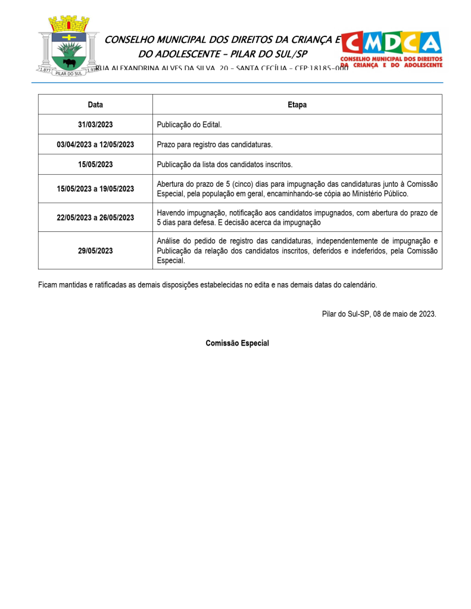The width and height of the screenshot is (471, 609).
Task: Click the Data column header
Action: tap(95, 105)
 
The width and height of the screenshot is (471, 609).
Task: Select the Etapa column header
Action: tap(297, 105)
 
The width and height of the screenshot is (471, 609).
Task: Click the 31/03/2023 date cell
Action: tap(95, 125)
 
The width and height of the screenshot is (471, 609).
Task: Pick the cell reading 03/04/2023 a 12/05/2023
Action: tap(95, 145)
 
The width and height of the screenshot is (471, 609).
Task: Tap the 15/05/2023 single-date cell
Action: tap(95, 165)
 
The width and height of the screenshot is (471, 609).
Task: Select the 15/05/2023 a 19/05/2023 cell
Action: tap(95, 189)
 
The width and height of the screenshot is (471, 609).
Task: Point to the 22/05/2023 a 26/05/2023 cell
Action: tap(95, 218)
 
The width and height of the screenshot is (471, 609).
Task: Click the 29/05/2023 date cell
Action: tap(95, 251)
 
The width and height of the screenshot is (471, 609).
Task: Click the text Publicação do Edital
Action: tap(189, 125)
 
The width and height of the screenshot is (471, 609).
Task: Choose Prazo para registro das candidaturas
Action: tap(214, 145)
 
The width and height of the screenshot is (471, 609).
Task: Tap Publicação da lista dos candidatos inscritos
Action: tap(224, 165)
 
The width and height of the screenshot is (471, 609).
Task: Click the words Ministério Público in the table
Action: tap(380, 194)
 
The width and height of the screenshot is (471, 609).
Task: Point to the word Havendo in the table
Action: tap(171, 213)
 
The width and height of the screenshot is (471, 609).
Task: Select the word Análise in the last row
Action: tap(169, 241)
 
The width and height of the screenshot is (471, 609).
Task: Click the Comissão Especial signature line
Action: tap(237, 343)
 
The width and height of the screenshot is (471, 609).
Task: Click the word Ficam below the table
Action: tap(48, 285)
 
